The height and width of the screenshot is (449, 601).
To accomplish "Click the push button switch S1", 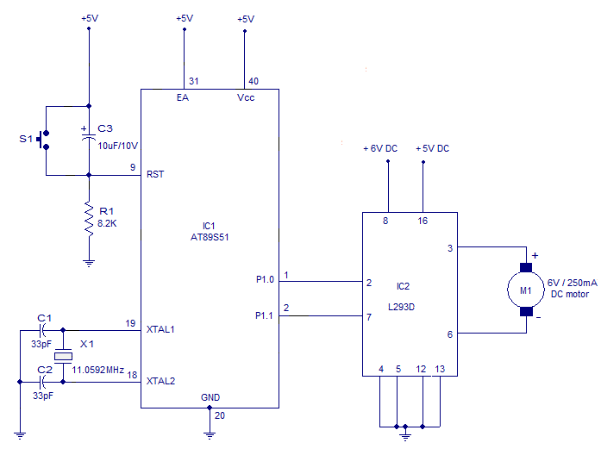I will click(45, 140).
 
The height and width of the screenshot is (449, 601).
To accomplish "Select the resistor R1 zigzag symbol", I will click(88, 218).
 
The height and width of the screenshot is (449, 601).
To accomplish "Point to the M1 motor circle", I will click(525, 290).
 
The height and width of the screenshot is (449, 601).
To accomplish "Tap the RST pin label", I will click(156, 174).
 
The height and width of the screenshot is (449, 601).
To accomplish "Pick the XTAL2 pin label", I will click(162, 381).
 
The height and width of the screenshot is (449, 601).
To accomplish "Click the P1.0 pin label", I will click(265, 280).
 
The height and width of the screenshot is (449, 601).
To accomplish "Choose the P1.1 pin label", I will click(265, 315).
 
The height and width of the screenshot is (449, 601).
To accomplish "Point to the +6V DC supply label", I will click(380, 148).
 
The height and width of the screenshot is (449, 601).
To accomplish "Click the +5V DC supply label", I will click(432, 148).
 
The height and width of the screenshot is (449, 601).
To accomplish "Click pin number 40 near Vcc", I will click(253, 81).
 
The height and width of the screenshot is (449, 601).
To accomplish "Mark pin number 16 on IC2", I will click(423, 221).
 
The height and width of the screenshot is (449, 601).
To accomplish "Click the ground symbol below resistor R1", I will click(88, 262).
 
